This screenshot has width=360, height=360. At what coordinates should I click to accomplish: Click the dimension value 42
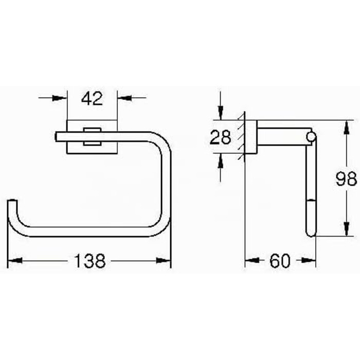coord(92,99)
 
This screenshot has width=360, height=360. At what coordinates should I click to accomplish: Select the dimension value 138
coord(90,261)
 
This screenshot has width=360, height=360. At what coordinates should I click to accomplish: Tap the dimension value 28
coord(220,137)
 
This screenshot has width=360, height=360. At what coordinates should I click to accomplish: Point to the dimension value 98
coord(346,179)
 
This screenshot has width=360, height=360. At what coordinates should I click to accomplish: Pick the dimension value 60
coord(280,261)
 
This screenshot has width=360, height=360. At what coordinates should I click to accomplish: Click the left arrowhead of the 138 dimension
coord(15,261)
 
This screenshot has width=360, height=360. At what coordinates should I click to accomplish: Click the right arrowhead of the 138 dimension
coord(164,261)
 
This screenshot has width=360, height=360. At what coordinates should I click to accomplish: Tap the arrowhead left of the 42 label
coord(60,98)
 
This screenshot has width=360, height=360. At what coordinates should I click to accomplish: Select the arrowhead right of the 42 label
coord(124,98)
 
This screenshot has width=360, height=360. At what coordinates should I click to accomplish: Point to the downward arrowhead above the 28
coord(221,113)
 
